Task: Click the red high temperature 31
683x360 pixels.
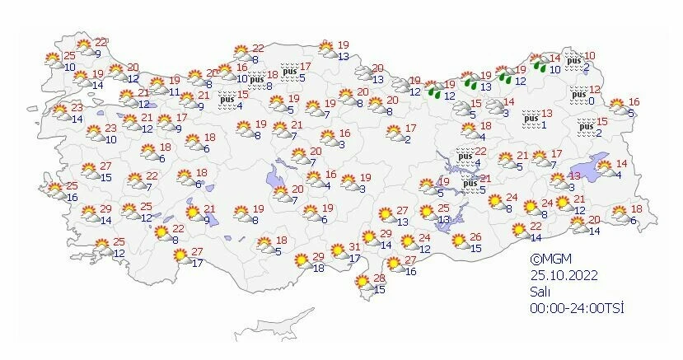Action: pyautogui.click(x=354, y=247)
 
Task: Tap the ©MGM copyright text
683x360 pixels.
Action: pyautogui.click(x=550, y=259)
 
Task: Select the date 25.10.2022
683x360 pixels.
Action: pyautogui.click(x=564, y=275)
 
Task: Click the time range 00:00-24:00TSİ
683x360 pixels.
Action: pyautogui.click(x=578, y=307)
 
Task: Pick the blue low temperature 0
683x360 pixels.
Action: pyautogui.click(x=592, y=101)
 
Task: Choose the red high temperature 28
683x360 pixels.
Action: pyautogui.click(x=380, y=278)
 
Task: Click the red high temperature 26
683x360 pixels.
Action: pyautogui.click(x=475, y=238)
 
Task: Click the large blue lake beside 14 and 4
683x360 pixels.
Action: pyautogui.click(x=597, y=164)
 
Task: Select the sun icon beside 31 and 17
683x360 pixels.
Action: pyautogui.click(x=338, y=250)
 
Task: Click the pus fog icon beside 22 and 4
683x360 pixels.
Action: pyautogui.click(x=465, y=155)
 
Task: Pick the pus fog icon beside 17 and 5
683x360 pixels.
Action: pyautogui.click(x=288, y=72)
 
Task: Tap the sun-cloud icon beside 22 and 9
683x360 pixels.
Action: pyautogui.click(x=84, y=46)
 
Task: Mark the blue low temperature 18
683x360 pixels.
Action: pyautogui.click(x=318, y=269)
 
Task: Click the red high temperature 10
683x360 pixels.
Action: pyautogui.click(x=589, y=56)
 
